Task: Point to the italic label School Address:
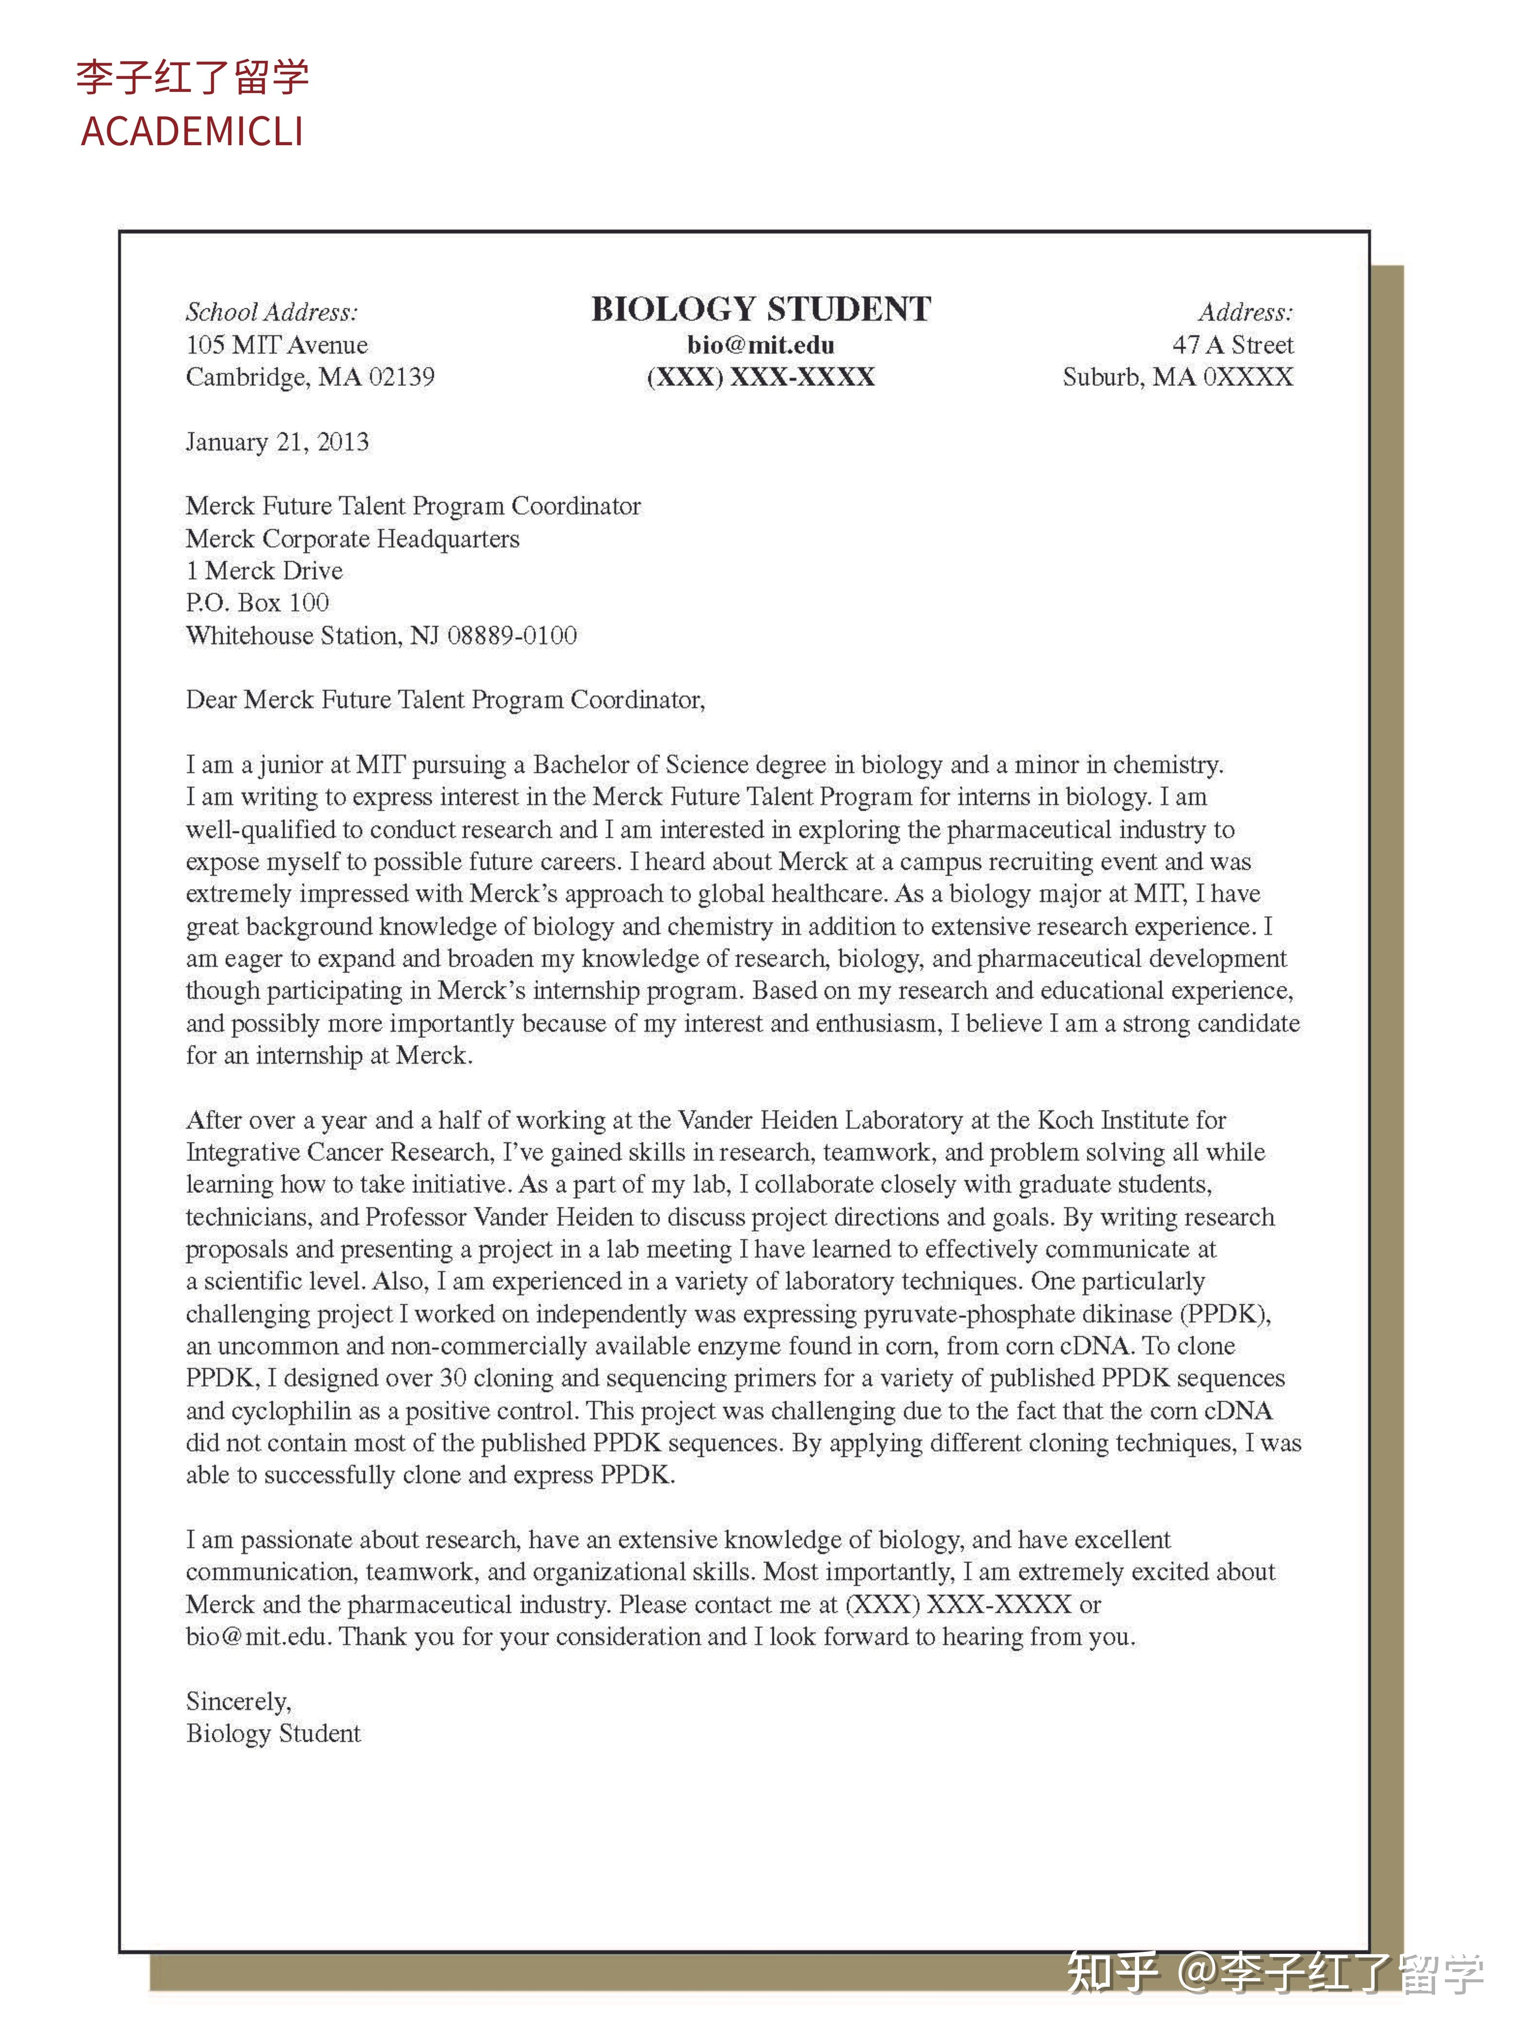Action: pyautogui.click(x=272, y=312)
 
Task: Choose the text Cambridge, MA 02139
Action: pyautogui.click(x=310, y=377)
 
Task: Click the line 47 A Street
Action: pyautogui.click(x=1232, y=345)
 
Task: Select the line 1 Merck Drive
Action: pyautogui.click(x=264, y=570)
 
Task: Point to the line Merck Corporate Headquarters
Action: pyautogui.click(x=352, y=538)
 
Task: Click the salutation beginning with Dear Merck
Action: pyautogui.click(x=445, y=700)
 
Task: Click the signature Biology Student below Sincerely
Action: pyautogui.click(x=273, y=1733)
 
